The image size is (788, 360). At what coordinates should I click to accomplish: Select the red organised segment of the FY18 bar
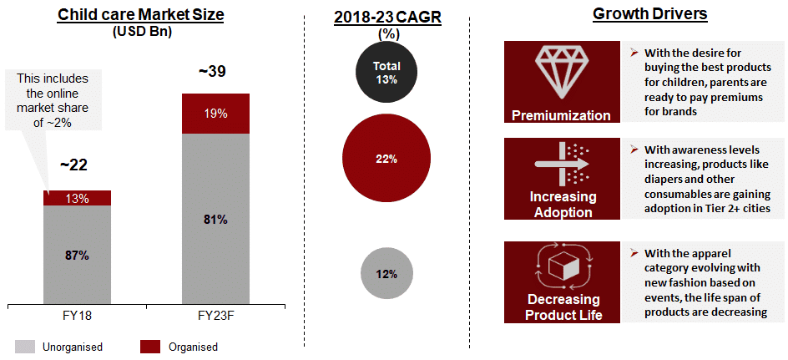click(77, 197)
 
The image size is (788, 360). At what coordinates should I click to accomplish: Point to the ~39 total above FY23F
click(212, 73)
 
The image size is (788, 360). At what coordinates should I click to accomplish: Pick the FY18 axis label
click(76, 314)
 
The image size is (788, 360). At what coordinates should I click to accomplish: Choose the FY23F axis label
click(215, 314)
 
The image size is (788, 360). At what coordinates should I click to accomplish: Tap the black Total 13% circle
click(386, 73)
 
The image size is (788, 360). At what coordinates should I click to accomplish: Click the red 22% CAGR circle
click(386, 159)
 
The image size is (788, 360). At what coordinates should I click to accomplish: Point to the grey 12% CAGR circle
click(386, 274)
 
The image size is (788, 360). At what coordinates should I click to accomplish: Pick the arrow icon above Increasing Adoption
click(561, 164)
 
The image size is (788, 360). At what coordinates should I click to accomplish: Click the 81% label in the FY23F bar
click(215, 220)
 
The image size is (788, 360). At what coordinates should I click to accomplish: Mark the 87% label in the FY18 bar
click(77, 256)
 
